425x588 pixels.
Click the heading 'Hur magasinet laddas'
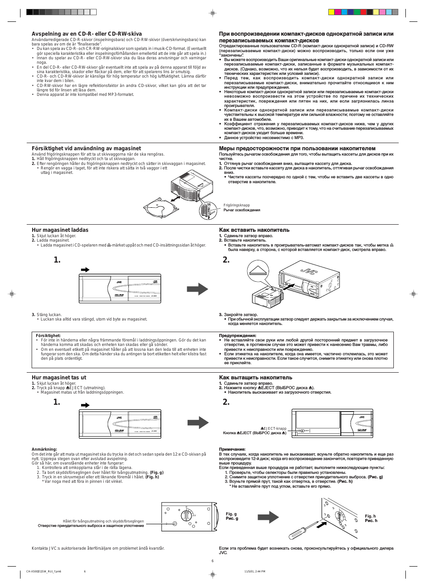coord(60,230)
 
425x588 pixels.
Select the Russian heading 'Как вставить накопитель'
coord(254,230)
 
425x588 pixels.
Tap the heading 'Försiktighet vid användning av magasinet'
coord(86,148)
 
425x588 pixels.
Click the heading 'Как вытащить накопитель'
coord(255,378)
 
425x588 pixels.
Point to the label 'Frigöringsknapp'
coord(237,206)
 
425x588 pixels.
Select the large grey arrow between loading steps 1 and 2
coord(197,289)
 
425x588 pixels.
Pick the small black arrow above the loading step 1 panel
coord(85,270)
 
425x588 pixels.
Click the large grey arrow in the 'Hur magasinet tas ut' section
coord(198,422)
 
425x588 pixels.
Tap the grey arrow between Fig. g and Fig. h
coord(268,517)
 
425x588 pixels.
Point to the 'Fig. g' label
coord(231,514)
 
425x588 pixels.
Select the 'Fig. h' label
coord(370,516)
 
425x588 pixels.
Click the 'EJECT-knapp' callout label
coord(274,428)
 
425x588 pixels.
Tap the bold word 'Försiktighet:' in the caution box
coord(48,336)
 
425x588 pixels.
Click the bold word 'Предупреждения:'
coord(237,336)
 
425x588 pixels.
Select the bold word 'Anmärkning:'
coord(44,449)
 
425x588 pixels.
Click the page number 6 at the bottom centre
coord(212,561)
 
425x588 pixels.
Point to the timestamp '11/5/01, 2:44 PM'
coord(254,571)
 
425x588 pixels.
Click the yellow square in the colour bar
coord(331,12)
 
